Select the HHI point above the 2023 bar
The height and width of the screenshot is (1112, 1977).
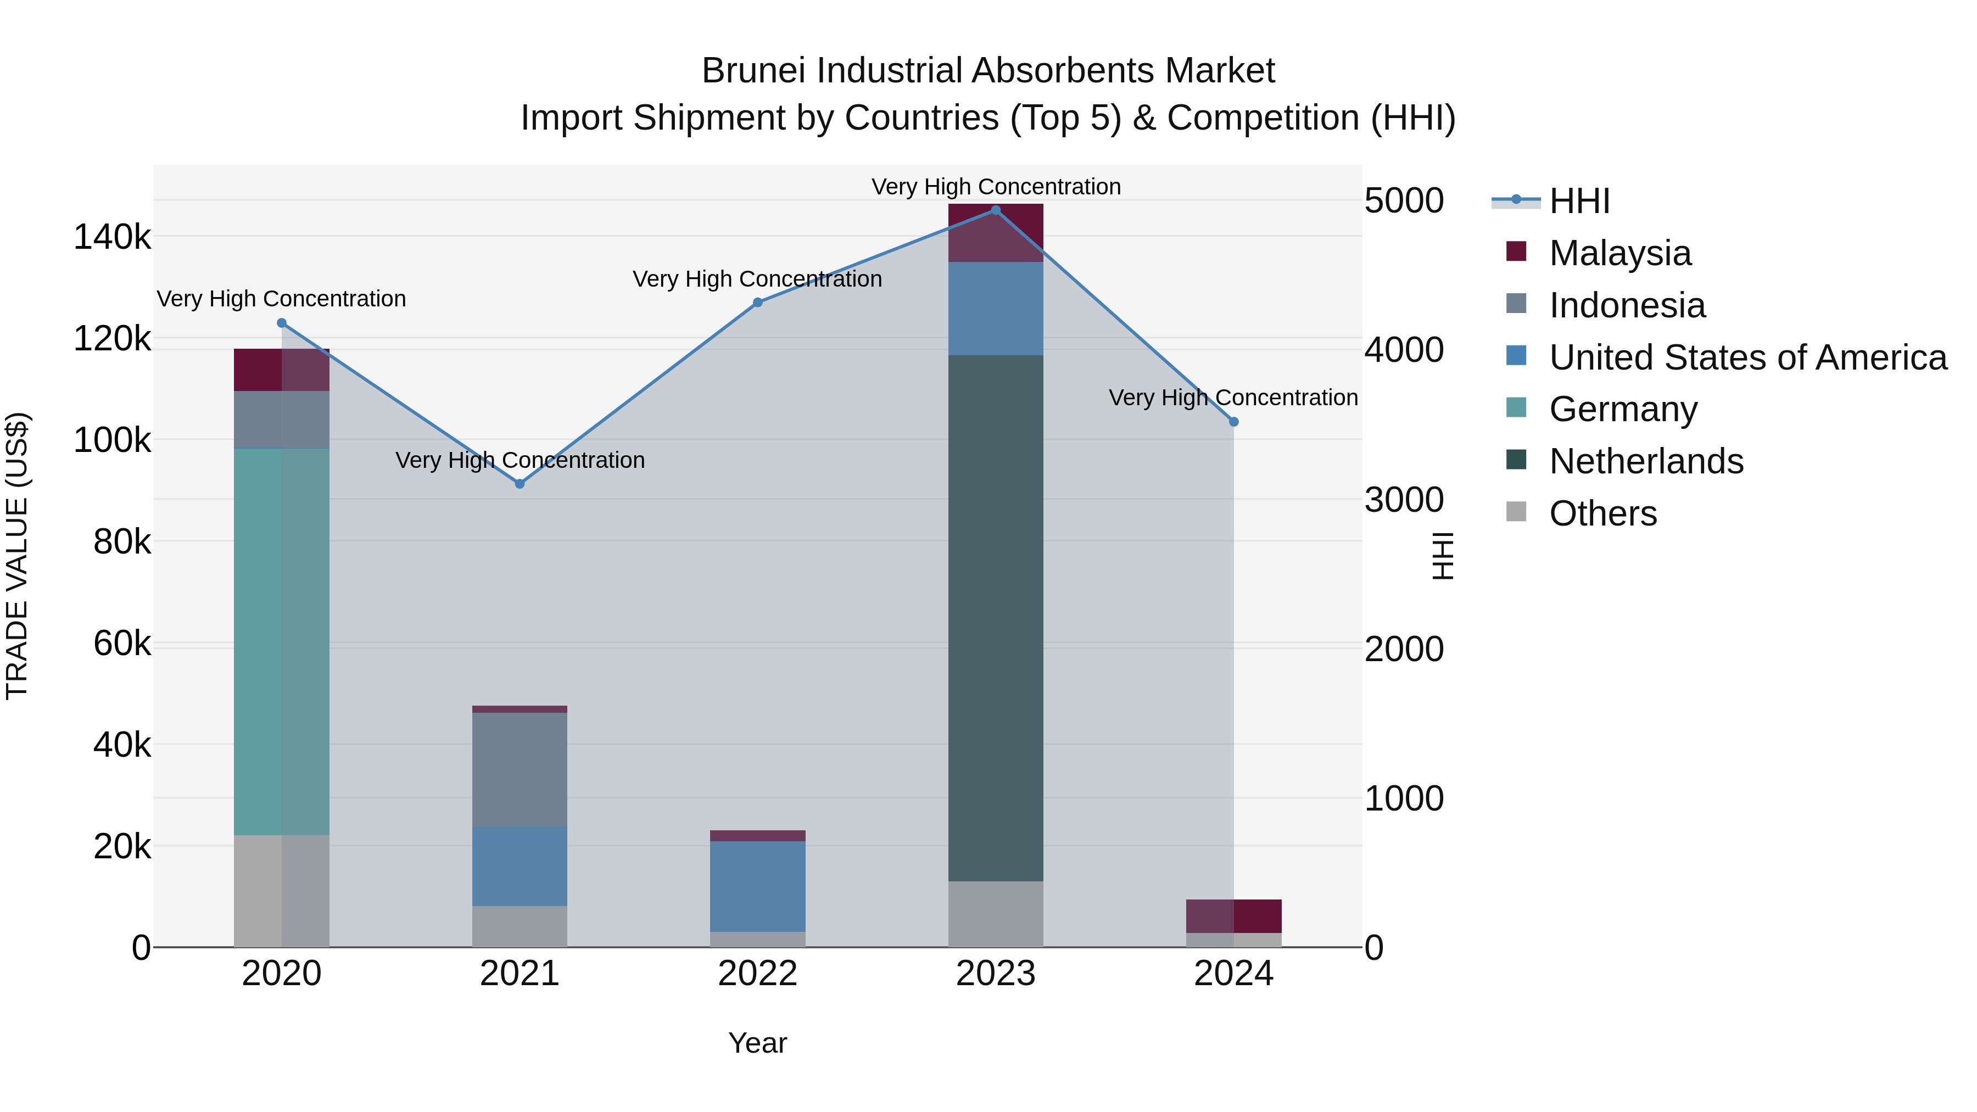(996, 210)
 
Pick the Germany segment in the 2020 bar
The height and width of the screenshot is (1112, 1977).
(281, 641)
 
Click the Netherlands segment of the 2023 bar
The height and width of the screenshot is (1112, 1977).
(996, 618)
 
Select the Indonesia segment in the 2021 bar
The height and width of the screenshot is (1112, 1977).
(520, 769)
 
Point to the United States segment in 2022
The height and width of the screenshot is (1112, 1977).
(757, 886)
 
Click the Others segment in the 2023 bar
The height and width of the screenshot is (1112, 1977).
(996, 914)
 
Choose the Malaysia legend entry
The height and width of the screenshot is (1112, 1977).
(1619, 253)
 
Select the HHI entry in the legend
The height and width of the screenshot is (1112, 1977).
(1579, 201)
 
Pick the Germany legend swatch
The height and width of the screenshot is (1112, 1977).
(1516, 407)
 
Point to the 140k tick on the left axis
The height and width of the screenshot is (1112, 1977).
(112, 237)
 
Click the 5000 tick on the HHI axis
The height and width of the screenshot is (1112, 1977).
(1404, 201)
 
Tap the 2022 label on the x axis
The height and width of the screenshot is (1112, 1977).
(757, 974)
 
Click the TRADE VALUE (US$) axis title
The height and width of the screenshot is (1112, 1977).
(17, 556)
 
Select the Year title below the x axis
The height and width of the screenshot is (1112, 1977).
(757, 1043)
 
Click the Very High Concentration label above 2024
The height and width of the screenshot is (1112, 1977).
(1233, 398)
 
